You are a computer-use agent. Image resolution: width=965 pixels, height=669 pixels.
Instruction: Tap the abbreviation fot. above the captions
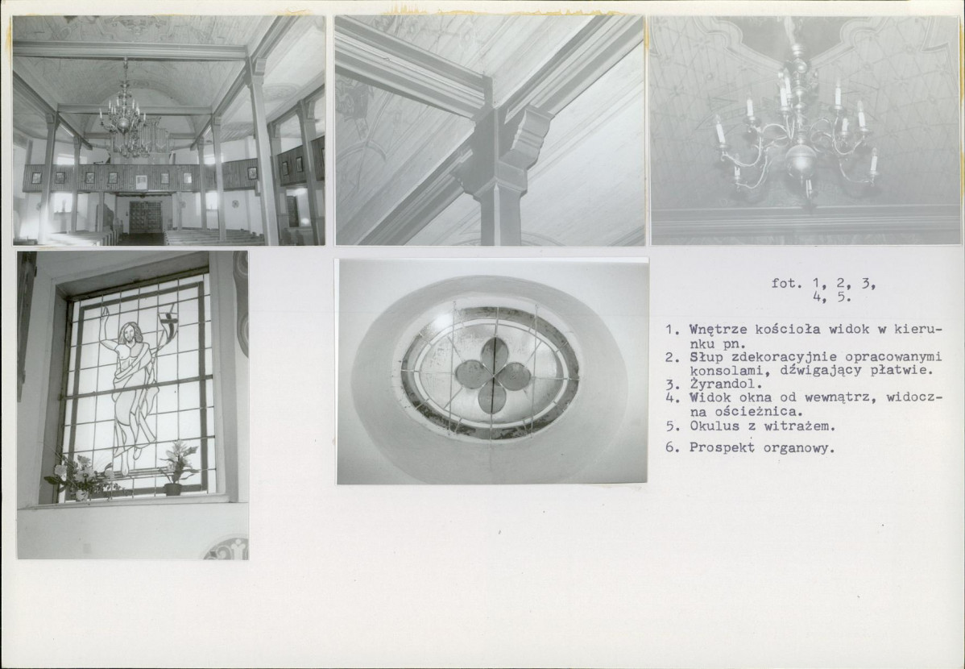pyautogui.click(x=787, y=284)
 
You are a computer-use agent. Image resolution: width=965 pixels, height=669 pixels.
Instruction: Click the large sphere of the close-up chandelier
pyautogui.click(x=800, y=162)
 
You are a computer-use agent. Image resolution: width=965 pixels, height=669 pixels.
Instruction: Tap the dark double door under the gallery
pyautogui.click(x=145, y=217)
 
